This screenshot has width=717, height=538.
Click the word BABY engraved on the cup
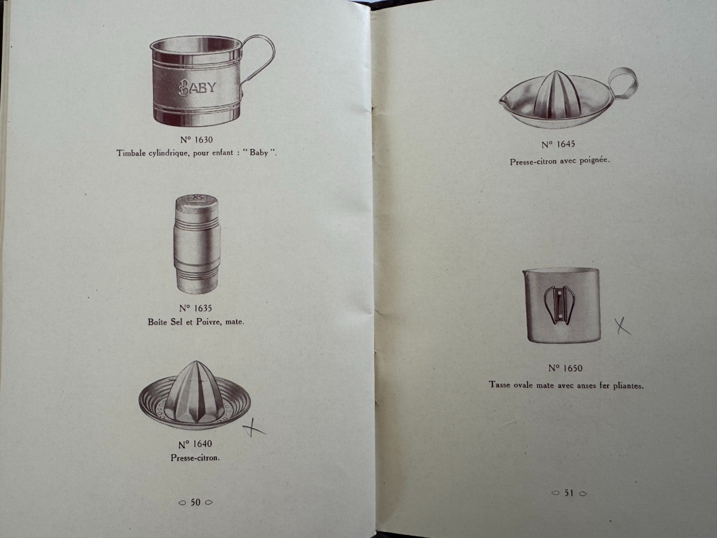coord(197,87)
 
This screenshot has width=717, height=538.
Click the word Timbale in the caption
coord(131,153)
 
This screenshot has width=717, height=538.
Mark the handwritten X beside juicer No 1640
coord(255,428)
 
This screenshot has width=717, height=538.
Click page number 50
coord(195,503)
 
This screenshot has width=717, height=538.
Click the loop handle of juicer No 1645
coord(623,82)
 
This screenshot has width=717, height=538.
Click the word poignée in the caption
coord(595,161)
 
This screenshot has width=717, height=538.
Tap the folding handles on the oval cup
coord(559,305)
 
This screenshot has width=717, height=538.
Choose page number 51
coord(568,493)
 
